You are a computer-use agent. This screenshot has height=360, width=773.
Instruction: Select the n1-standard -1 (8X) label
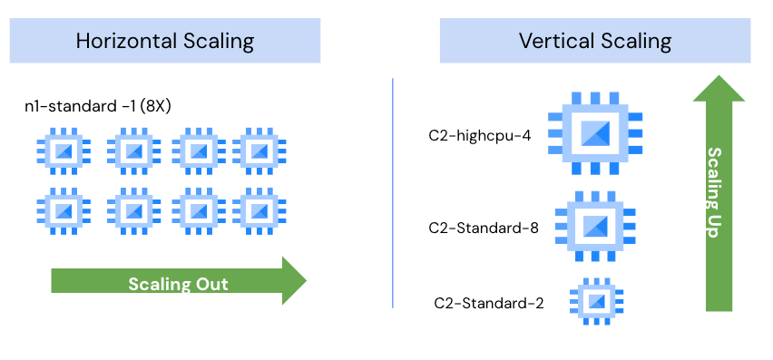click(98, 106)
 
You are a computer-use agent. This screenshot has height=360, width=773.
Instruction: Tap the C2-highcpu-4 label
click(480, 135)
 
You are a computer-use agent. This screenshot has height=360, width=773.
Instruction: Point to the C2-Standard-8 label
click(484, 228)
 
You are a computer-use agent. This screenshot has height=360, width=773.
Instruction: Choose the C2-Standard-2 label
click(489, 303)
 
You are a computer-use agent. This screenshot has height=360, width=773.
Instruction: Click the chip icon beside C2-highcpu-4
click(595, 133)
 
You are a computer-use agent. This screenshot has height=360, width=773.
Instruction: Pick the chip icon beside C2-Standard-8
click(595, 226)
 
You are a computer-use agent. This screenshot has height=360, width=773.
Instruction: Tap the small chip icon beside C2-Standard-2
click(596, 301)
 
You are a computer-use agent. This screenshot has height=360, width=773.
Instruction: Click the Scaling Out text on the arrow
click(179, 284)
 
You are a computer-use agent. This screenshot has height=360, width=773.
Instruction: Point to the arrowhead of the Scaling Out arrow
click(294, 281)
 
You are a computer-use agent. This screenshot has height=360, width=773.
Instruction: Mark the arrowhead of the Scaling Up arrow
click(719, 89)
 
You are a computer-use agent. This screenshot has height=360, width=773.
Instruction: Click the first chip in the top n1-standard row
click(64, 151)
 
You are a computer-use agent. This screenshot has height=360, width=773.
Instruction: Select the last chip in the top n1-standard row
click(259, 151)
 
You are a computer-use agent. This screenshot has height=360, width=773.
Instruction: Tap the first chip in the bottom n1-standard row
click(64, 210)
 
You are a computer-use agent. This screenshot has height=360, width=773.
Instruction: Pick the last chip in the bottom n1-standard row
click(259, 210)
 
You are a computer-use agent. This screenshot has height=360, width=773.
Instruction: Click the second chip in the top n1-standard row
click(134, 151)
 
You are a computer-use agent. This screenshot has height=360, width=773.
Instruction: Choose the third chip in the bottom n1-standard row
click(199, 210)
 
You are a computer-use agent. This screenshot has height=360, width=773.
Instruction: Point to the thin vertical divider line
click(393, 193)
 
